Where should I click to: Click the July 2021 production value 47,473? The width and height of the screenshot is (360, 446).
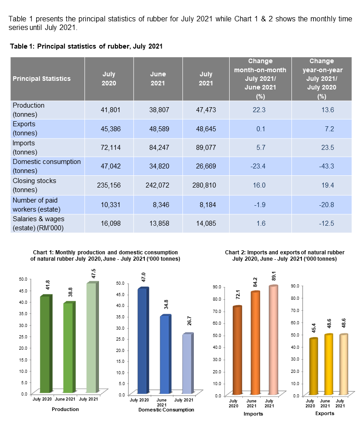[206, 110]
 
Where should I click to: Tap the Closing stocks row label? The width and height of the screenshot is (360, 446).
[35, 185]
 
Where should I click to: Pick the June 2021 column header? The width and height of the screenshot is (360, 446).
[158, 79]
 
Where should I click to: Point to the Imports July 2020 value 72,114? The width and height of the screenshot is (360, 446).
[109, 148]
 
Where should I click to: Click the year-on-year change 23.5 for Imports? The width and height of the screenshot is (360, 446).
[321, 148]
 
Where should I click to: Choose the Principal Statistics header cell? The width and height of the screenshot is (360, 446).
[42, 79]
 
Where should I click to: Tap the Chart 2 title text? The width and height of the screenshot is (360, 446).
[285, 255]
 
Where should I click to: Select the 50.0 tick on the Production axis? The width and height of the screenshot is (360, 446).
[23, 278]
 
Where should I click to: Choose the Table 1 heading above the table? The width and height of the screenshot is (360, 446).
[86, 46]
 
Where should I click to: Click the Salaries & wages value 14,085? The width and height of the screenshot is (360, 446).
[206, 223]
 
